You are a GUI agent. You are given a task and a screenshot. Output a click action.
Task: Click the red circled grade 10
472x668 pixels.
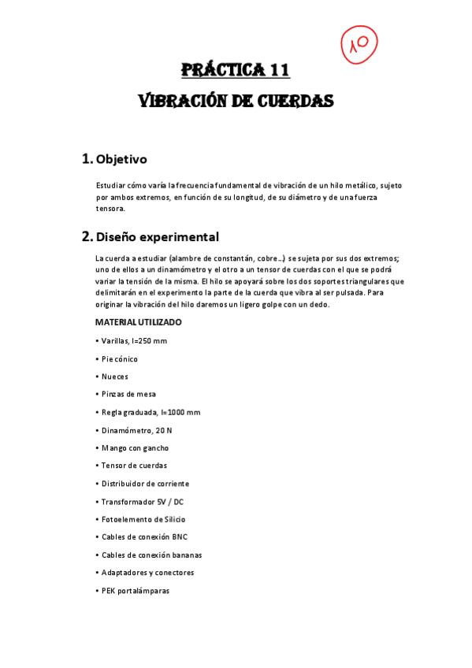click(359, 44)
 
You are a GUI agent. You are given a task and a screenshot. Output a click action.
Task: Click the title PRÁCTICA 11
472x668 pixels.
click(236, 70)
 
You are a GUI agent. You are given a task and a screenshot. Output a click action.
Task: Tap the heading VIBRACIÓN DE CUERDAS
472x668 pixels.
click(236, 102)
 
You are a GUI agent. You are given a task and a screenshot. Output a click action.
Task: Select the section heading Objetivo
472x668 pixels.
click(121, 159)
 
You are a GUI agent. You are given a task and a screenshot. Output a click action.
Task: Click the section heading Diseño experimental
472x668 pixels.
click(156, 236)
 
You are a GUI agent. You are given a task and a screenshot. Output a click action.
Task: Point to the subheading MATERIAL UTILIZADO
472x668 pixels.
click(138, 322)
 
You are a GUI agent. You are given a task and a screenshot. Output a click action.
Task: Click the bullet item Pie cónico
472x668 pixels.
click(120, 358)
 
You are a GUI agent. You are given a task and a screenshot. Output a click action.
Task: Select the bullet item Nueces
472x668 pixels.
click(114, 377)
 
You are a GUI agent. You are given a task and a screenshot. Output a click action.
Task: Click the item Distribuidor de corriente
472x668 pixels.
click(145, 484)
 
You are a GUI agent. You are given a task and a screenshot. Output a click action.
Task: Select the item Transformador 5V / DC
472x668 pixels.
click(142, 502)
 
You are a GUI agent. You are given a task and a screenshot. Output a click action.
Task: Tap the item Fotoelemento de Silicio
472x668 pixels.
click(143, 519)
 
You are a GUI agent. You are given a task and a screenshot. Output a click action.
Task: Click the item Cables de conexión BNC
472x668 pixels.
click(144, 537)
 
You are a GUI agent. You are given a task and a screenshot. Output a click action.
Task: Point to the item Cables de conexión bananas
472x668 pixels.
click(151, 555)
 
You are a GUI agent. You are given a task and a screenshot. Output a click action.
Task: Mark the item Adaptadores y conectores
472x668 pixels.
click(147, 573)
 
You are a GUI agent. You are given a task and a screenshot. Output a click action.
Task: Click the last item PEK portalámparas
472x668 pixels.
click(135, 591)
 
